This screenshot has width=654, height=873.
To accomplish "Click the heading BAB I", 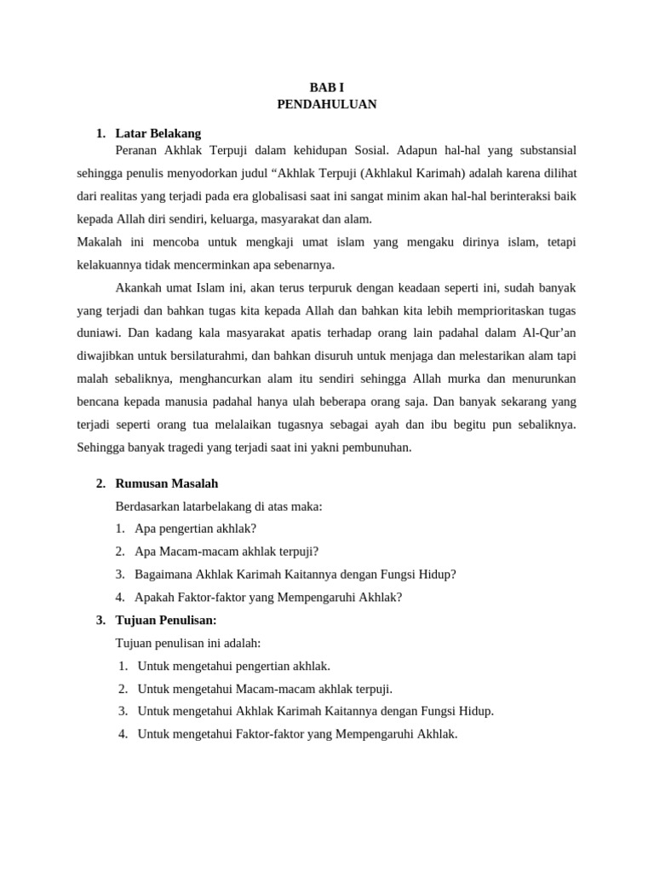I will point(327,87).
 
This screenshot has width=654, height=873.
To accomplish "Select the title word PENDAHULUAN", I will point(327,104).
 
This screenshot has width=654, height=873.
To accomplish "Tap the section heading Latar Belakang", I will point(158,133).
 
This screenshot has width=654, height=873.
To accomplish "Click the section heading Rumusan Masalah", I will point(167,483).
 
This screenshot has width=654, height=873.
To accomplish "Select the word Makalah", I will point(100,242).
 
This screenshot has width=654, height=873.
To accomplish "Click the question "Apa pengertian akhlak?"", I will point(195,529).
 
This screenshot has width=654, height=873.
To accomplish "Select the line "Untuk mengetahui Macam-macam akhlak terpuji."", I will point(265,689).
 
